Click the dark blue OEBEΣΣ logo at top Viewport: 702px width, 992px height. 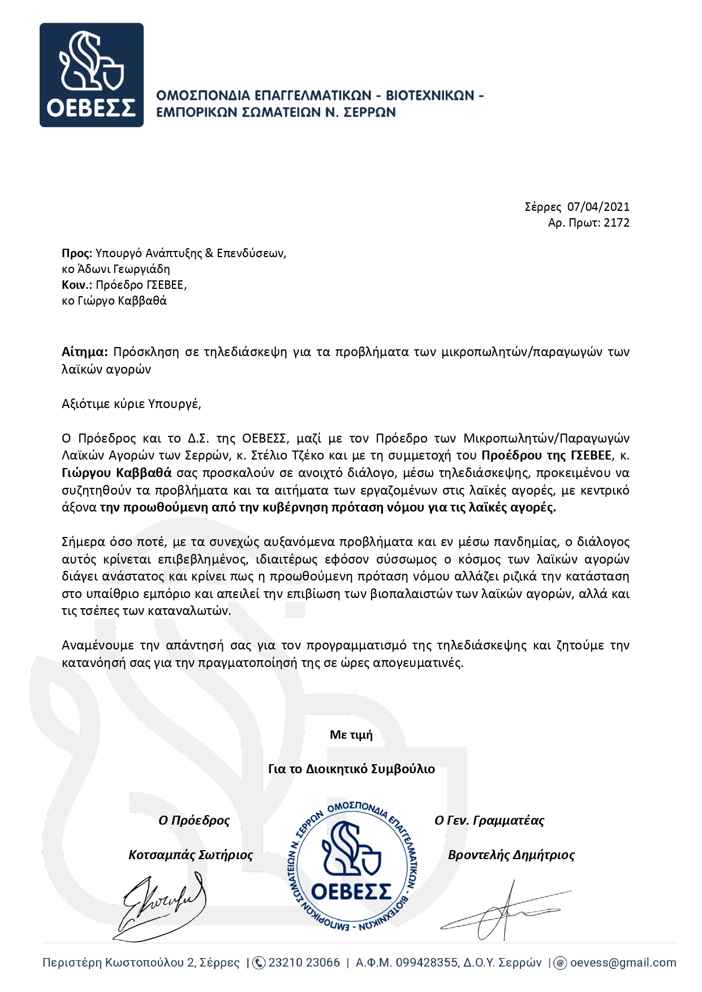(x=91, y=75)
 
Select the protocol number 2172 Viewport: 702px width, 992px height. (x=617, y=223)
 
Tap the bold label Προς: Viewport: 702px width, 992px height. (x=76, y=253)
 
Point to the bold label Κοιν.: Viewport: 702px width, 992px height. (x=77, y=285)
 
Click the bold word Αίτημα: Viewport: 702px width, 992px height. (x=84, y=352)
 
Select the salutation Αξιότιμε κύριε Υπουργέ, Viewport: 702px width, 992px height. (x=131, y=404)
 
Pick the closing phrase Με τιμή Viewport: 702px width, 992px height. (x=351, y=735)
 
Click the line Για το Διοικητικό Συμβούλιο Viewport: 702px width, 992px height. (x=351, y=769)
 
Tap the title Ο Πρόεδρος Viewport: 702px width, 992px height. (x=194, y=820)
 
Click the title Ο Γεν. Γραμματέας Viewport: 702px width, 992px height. (x=489, y=820)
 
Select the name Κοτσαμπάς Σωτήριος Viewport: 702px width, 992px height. (x=191, y=855)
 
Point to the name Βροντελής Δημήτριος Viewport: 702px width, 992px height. (x=511, y=855)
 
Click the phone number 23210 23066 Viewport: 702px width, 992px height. (x=304, y=963)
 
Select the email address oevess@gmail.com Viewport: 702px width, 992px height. (x=623, y=963)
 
